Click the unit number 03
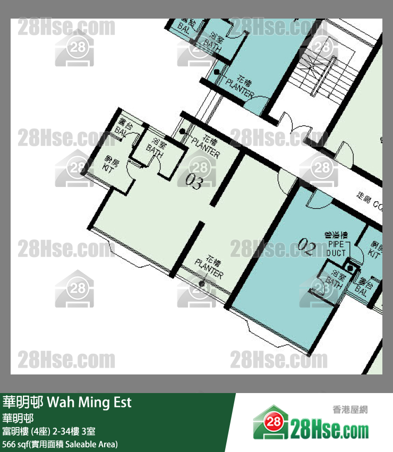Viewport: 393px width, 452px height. (194, 183)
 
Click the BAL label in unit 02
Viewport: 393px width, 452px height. (362, 287)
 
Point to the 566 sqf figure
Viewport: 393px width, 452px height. (16, 444)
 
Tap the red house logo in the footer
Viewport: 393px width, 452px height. (270, 423)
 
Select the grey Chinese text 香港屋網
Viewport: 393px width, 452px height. (350, 410)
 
